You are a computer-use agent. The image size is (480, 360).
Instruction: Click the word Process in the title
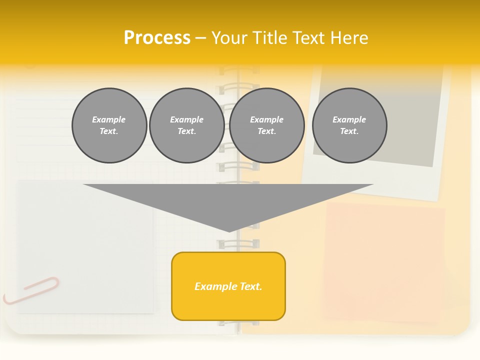pyautogui.click(x=157, y=37)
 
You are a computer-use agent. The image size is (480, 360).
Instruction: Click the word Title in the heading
pyautogui.click(x=269, y=37)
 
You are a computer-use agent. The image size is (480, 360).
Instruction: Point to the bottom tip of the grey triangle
pyautogui.click(x=229, y=231)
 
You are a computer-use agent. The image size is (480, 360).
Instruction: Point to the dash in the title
pyautogui.click(x=201, y=38)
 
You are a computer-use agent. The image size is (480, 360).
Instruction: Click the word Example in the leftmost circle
pyautogui.click(x=109, y=119)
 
